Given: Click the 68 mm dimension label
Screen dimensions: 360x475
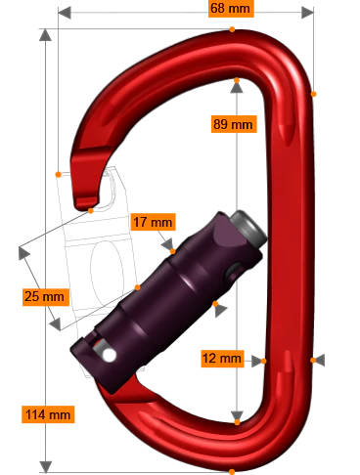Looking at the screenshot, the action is (232, 9).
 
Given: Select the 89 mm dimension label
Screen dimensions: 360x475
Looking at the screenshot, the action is (233, 124).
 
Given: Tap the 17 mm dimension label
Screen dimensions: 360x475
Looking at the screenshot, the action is (152, 222).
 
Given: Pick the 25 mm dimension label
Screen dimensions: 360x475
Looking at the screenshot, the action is (44, 295).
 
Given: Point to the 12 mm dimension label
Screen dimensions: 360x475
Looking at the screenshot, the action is (220, 359).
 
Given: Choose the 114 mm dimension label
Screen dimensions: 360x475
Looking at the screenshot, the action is (47, 414).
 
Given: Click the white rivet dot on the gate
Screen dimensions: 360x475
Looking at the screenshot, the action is (109, 355).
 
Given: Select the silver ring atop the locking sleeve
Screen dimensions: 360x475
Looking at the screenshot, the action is (247, 227).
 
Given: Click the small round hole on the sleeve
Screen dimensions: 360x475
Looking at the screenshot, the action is (236, 270).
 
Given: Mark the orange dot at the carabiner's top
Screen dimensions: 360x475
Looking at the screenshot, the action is (232, 28).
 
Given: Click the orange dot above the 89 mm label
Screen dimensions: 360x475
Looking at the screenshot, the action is (237, 81).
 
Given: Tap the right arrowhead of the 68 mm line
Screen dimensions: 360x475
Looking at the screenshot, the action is (305, 14).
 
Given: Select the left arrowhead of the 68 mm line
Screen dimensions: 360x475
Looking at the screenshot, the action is (63, 14).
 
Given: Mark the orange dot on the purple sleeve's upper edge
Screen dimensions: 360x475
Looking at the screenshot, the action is (172, 251).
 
